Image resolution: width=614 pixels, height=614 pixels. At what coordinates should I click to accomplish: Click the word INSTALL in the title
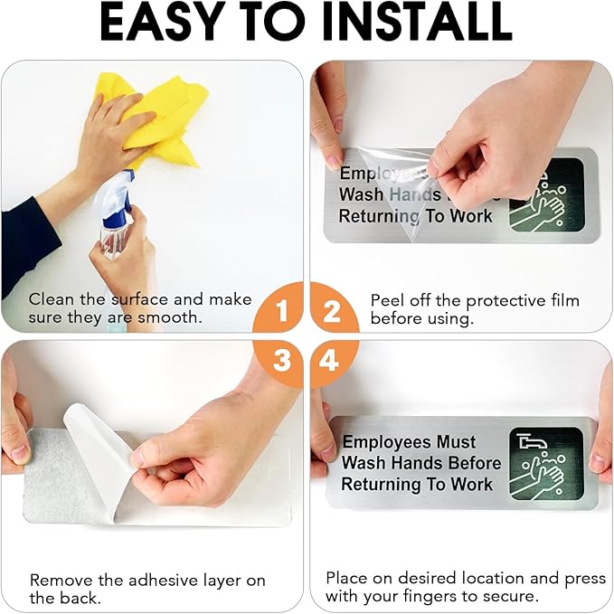[418, 23]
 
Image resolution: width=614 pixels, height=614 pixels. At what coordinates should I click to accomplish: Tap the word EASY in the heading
[160, 23]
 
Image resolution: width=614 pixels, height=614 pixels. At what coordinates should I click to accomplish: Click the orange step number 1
[282, 311]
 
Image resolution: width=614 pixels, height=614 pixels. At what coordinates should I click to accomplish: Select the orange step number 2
[332, 311]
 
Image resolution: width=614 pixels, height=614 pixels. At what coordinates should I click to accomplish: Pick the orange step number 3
[282, 360]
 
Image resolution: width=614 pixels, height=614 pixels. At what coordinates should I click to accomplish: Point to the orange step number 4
[329, 360]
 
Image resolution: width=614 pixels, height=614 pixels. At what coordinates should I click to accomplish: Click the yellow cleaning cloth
[165, 118]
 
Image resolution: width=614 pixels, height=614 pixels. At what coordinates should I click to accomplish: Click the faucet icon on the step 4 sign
[532, 442]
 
